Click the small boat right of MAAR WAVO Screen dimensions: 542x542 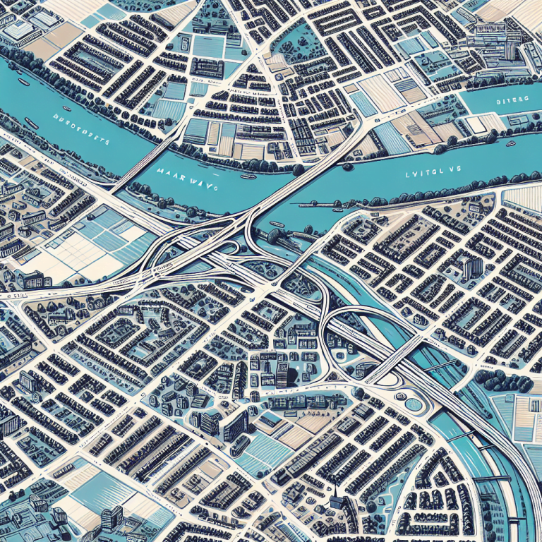tap(248, 176)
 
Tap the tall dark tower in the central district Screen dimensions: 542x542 tap(282, 376)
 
